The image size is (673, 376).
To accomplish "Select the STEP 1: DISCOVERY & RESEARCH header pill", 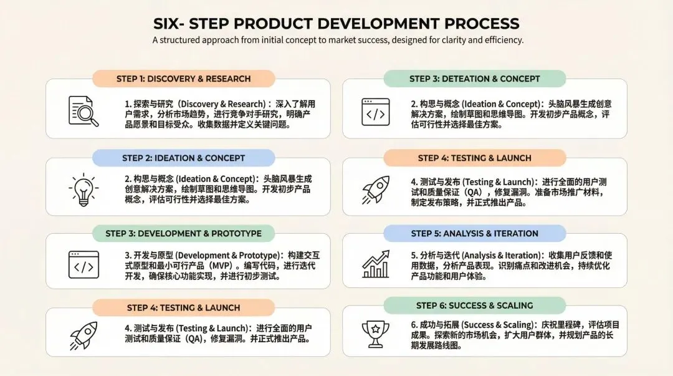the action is point(183,79).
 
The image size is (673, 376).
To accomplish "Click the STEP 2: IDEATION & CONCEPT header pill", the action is point(183,158).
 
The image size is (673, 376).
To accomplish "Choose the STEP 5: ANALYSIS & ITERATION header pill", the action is point(474,233).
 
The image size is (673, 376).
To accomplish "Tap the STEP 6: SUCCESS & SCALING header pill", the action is point(474,306).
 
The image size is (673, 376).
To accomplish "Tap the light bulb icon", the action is point(83,188).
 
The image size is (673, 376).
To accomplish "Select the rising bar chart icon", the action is point(376,264).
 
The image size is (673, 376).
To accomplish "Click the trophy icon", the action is point(375,334).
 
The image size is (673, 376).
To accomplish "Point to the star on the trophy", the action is point(375,329).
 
